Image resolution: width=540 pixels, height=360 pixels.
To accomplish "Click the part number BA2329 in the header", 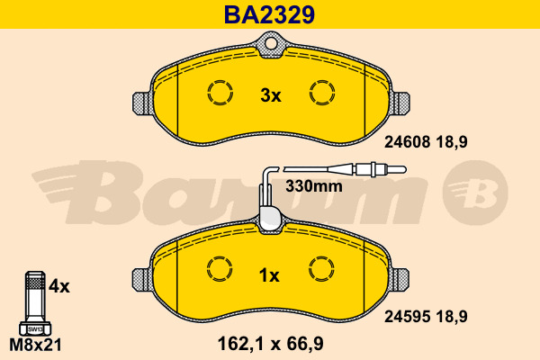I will pos(269,14).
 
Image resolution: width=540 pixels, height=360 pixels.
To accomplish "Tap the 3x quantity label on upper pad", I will pos(270,94).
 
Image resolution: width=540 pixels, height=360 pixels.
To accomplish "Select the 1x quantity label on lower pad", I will pos(270,274).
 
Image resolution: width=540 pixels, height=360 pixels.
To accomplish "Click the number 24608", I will pos(407,142).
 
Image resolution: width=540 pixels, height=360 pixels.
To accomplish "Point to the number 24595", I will pos(407,318).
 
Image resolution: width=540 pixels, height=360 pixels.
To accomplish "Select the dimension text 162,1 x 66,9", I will pos(270,342).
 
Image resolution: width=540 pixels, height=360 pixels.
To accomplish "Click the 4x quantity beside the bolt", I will pos(58,286).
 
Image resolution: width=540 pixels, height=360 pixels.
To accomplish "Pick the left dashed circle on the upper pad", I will pos(220,92).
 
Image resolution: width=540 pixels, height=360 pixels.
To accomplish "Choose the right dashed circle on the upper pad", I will pos(320,92).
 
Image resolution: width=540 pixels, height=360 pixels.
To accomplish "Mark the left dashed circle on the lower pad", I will pos(220,268).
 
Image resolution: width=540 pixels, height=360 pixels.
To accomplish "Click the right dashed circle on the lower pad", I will pos(320,268).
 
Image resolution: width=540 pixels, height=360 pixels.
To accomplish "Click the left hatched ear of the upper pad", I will pos(140,103).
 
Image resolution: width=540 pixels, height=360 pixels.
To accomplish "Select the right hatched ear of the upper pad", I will pos(400,103).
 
